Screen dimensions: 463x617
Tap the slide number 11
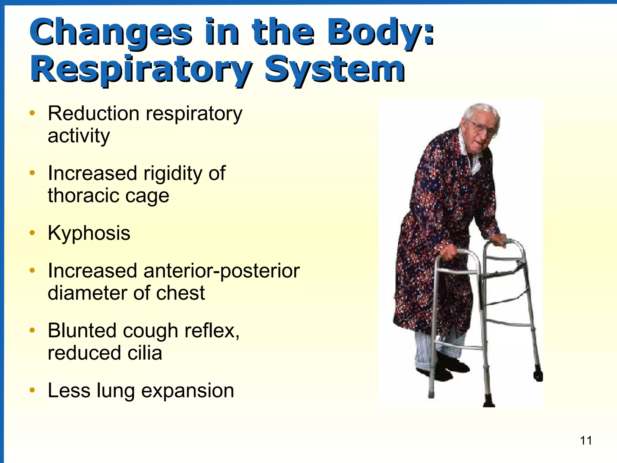coord(586,441)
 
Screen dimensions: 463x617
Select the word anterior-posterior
coord(221,271)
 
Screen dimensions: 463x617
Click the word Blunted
coord(82,331)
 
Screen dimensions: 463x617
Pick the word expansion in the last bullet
coord(187,391)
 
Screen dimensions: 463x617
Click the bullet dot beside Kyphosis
coord(32,233)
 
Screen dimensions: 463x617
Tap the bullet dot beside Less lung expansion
coord(32,390)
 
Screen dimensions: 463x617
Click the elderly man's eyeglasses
coord(483,128)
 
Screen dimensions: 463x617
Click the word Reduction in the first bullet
coord(93,114)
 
